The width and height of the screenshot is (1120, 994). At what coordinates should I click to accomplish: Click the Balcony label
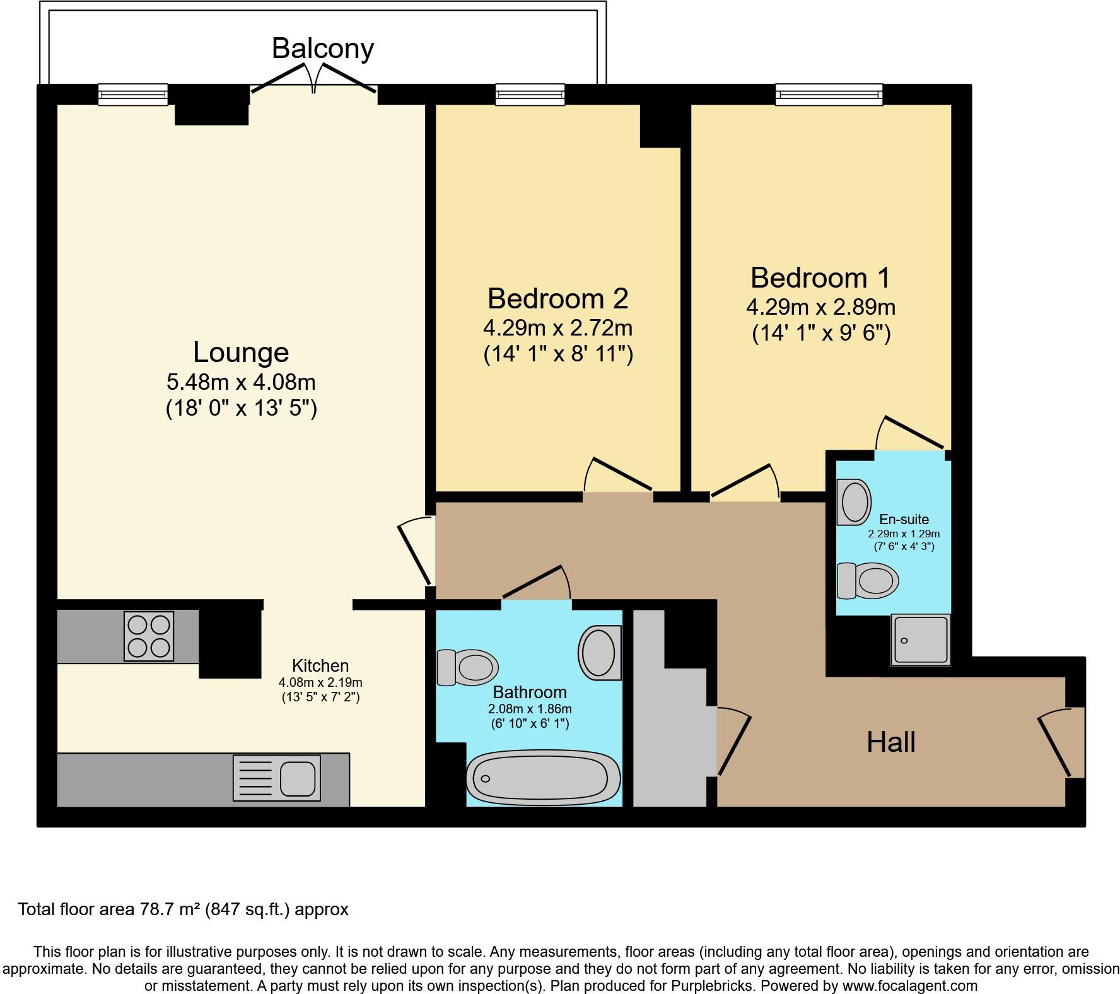(323, 49)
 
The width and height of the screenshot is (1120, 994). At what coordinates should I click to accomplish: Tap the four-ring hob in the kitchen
(149, 636)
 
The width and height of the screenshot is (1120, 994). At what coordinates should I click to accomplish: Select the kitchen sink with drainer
(276, 778)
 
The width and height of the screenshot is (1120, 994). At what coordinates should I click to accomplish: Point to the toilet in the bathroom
(468, 667)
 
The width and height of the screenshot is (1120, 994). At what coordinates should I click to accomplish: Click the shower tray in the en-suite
(920, 640)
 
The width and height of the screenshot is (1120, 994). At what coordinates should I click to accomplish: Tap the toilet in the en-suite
(868, 580)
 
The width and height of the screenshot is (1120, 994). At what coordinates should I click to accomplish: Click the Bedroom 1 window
(829, 95)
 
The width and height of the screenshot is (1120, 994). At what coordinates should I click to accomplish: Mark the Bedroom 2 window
(530, 95)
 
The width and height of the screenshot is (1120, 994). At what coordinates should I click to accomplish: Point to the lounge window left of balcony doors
(133, 95)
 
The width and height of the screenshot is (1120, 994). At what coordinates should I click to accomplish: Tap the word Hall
(890, 742)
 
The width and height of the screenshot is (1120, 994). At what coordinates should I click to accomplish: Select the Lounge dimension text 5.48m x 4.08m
(241, 382)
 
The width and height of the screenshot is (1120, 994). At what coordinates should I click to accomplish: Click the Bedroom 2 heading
(557, 298)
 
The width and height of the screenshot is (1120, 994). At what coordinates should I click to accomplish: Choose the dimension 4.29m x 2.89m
(820, 307)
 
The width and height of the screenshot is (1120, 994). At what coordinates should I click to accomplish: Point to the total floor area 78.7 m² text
(183, 909)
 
